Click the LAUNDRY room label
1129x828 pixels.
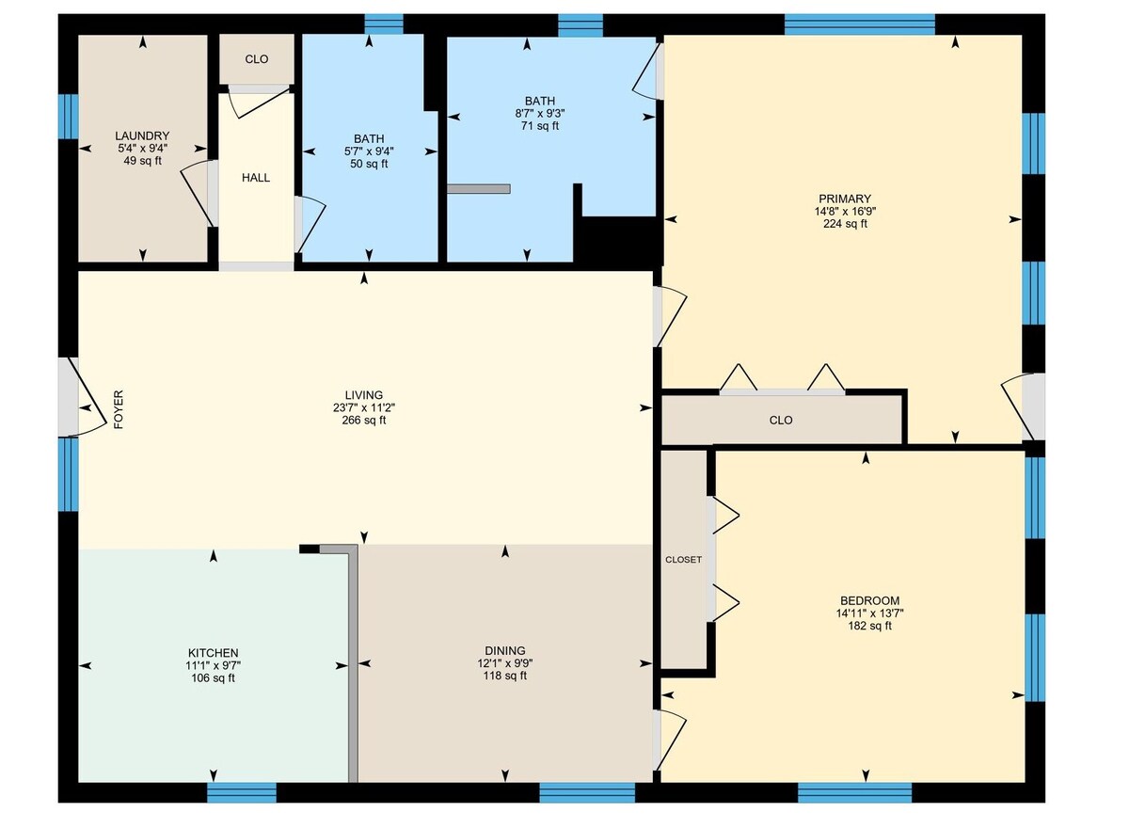pyautogui.click(x=142, y=136)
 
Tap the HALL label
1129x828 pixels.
pyautogui.click(x=256, y=178)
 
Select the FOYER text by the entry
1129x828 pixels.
pyautogui.click(x=119, y=409)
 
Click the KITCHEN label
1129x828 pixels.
pyautogui.click(x=213, y=653)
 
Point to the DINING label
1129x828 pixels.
pyautogui.click(x=505, y=651)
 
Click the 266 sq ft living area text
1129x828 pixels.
pyautogui.click(x=364, y=421)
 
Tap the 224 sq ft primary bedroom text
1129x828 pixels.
pyautogui.click(x=845, y=224)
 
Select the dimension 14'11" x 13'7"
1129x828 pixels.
pyautogui.click(x=870, y=613)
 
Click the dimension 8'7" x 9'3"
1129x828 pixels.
pyautogui.click(x=540, y=114)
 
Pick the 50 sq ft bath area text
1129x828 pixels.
pyautogui.click(x=369, y=164)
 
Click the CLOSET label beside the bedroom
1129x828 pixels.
pyautogui.click(x=683, y=560)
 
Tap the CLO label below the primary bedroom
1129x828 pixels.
pyautogui.click(x=781, y=421)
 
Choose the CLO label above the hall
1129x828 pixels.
pyautogui.click(x=257, y=59)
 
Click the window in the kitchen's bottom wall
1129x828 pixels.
pyautogui.click(x=242, y=793)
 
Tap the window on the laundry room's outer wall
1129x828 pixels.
pyautogui.click(x=68, y=117)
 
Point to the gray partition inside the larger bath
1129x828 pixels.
pyautogui.click(x=478, y=188)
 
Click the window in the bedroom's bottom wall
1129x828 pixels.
pyautogui.click(x=855, y=793)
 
